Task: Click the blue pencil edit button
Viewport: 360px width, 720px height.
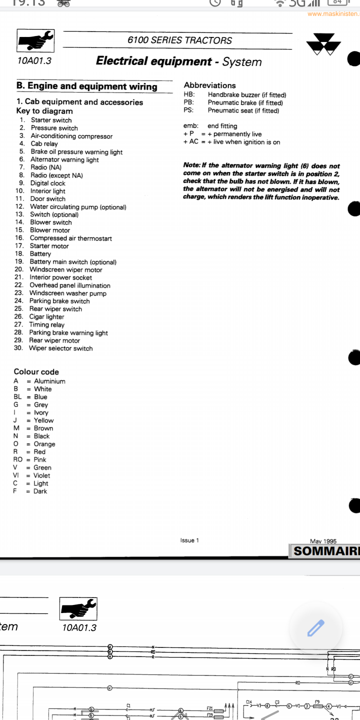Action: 316,627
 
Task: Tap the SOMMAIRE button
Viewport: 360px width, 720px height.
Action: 325,551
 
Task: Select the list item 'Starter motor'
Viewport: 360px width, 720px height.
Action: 49,246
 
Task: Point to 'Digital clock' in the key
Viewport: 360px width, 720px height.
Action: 47,183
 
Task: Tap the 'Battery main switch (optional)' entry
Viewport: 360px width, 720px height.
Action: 73,262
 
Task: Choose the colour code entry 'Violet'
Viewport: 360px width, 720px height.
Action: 41,475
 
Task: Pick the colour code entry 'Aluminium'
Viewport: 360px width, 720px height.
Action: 49,381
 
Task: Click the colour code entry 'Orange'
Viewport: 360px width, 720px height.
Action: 44,444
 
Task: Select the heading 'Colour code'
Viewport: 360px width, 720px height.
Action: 36,371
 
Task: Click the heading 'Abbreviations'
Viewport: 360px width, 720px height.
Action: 209,85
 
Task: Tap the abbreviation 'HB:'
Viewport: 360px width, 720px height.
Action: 189,94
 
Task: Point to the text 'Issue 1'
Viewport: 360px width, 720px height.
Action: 189,540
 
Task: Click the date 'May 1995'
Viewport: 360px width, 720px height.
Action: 323,541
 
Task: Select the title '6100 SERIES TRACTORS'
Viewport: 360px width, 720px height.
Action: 179,40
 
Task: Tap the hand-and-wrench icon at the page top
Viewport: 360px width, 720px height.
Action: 36,40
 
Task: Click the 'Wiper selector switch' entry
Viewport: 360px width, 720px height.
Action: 60,348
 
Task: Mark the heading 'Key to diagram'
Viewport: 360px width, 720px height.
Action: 44,111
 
